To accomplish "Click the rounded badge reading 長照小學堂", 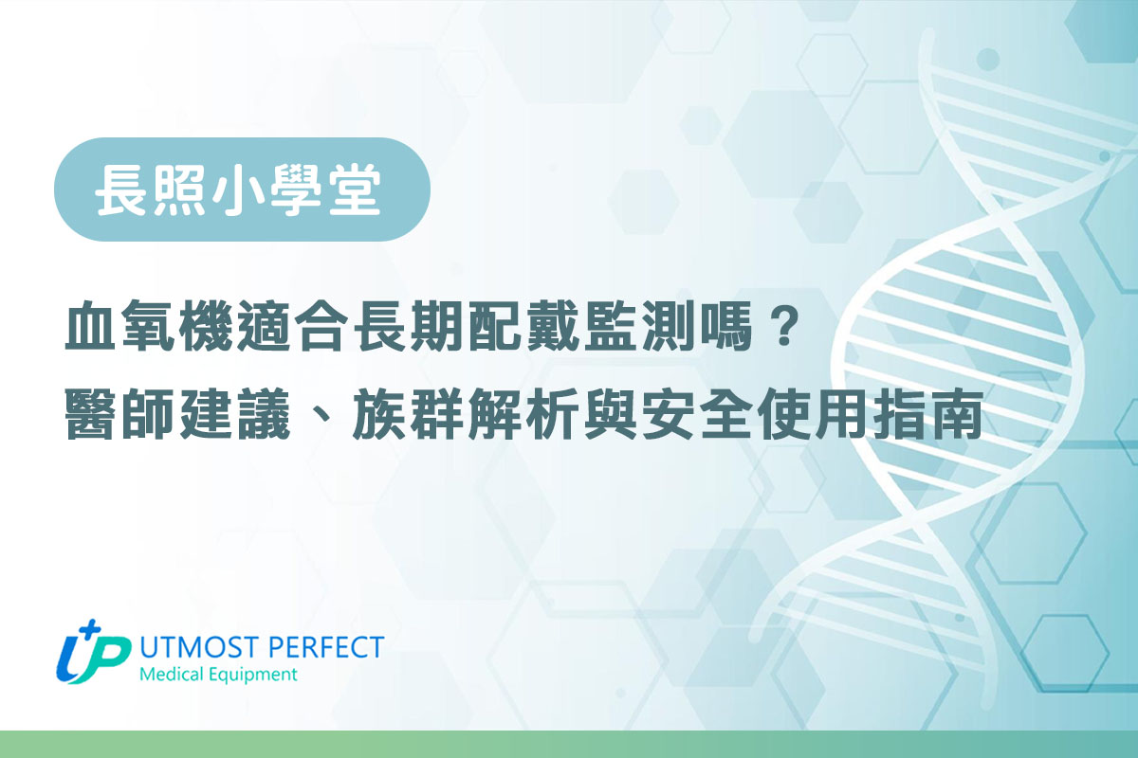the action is tap(242, 189).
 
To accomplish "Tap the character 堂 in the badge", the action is tap(354, 189).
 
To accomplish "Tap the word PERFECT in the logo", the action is tap(325, 647).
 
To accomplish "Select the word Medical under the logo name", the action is tap(172, 675).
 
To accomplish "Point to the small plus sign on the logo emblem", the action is tap(91, 627).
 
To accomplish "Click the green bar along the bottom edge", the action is tap(569, 745).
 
